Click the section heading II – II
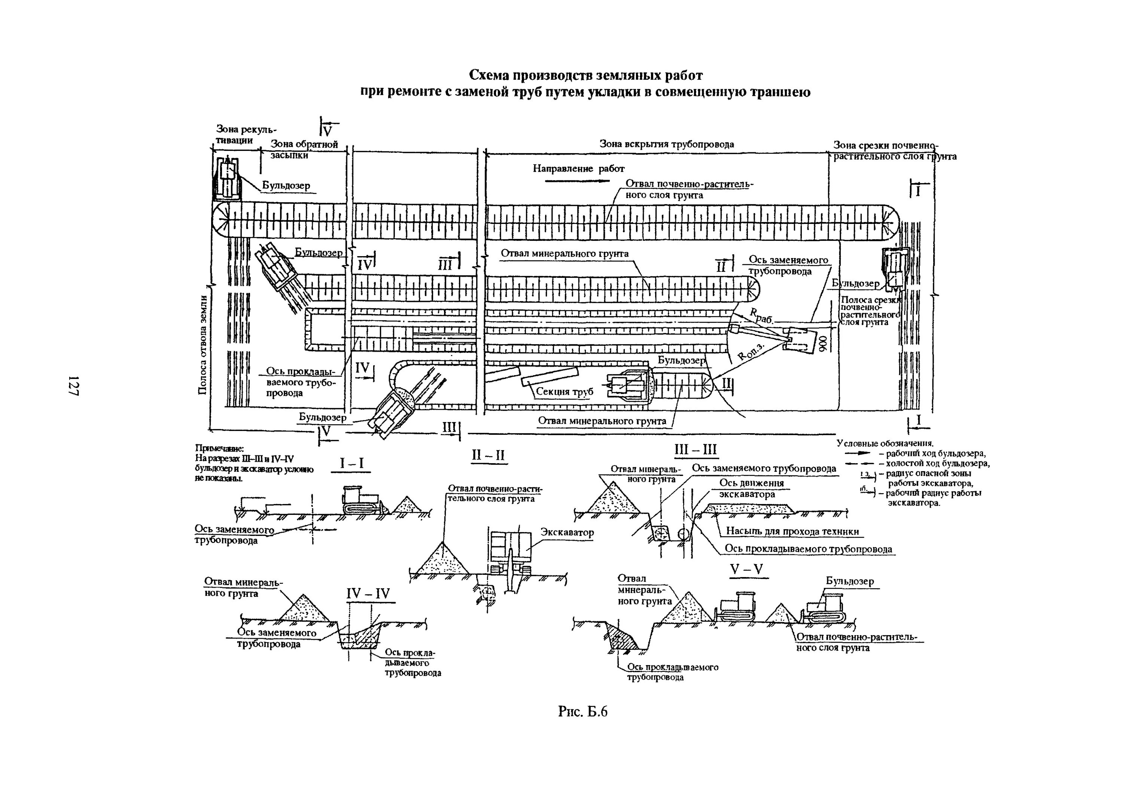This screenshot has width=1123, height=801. coord(488,455)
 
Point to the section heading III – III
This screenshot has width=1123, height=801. coord(695,450)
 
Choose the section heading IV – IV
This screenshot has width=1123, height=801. coord(368,593)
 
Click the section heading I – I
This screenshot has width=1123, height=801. coord(351,463)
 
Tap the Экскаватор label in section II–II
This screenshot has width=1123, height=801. coord(567,532)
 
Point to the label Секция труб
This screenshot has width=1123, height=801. coord(564,392)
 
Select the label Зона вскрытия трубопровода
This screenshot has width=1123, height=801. coord(667,144)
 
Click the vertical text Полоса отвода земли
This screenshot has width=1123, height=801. coord(202,345)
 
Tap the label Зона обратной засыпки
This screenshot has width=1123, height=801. coord(303,149)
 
